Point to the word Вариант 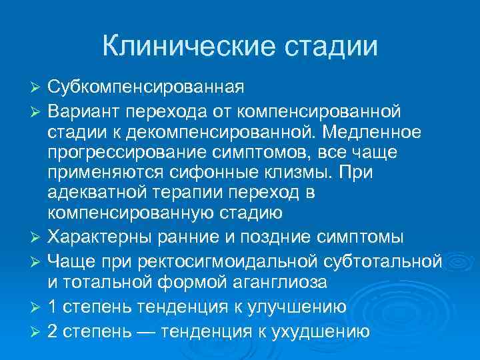pyautogui.click(x=85, y=109)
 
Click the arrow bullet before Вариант pyautogui.click(x=37, y=110)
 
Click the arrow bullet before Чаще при pyautogui.click(x=37, y=260)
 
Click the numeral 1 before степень pyautogui.click(x=53, y=307)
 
